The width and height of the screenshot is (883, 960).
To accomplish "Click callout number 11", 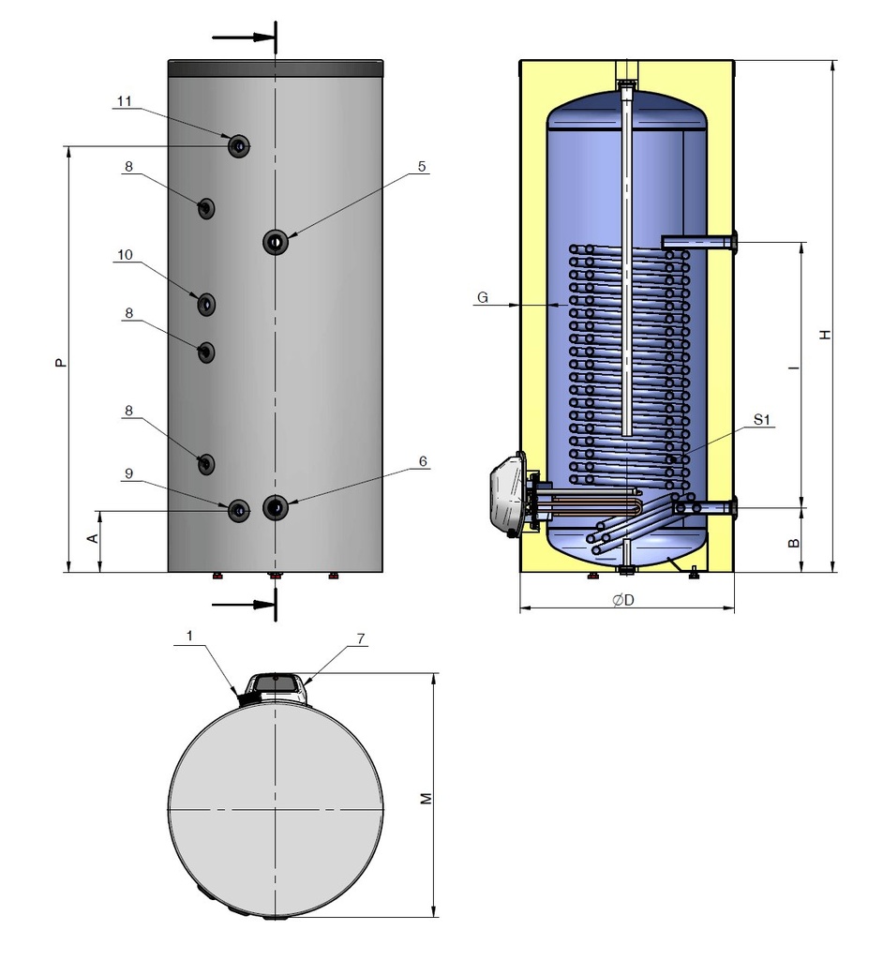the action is coord(125,100).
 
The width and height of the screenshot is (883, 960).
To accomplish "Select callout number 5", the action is coord(422,166).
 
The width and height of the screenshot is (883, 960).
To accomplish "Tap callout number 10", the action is coord(125,255).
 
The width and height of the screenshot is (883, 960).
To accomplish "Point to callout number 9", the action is coord(128,473).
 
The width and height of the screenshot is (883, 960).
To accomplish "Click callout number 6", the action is coord(423,461).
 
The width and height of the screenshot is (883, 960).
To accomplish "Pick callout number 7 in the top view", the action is coord(361,638).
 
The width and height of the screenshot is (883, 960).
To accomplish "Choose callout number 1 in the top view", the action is coord(190,637).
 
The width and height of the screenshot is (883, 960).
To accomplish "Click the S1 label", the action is coord(761,419).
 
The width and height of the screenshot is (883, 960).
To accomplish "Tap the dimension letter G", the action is coord(483,297).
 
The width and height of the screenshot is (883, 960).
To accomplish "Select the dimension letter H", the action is coord(826,335).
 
